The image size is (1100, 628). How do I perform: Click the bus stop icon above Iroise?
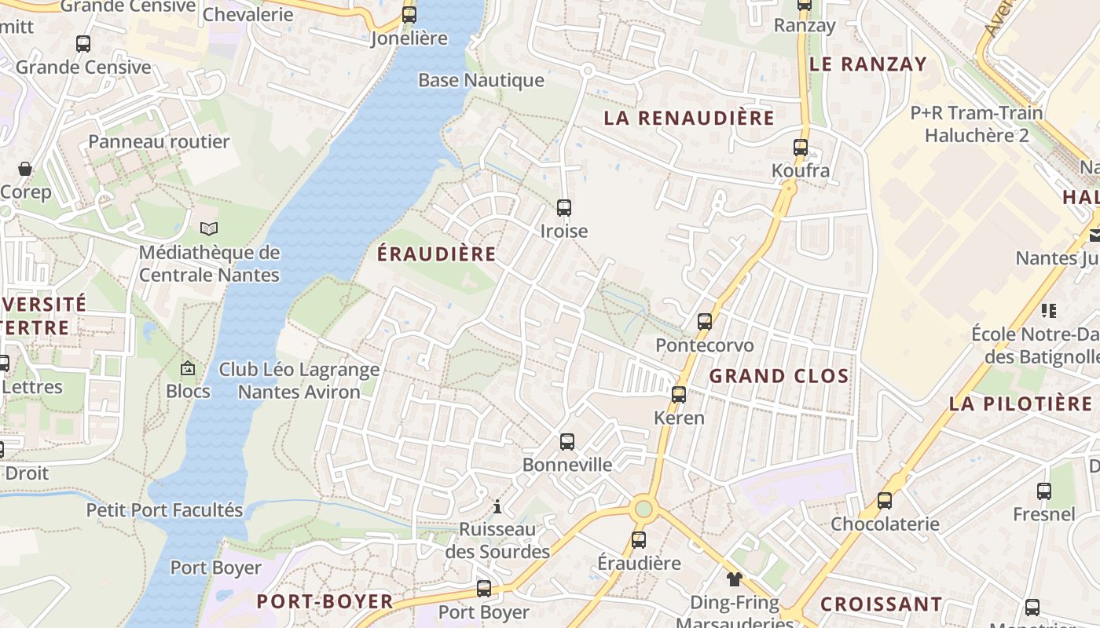(564, 208)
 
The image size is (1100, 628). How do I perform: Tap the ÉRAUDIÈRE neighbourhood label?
(437, 254)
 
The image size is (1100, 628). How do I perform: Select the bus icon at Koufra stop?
(801, 148)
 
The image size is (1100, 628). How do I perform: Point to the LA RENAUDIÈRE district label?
(689, 119)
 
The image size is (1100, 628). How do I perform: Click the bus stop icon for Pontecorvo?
(705, 322)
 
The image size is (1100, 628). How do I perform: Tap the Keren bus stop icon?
(679, 395)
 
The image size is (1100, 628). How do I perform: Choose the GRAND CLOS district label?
(779, 376)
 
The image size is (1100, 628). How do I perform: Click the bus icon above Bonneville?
(567, 442)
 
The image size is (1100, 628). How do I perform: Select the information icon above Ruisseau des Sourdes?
(497, 506)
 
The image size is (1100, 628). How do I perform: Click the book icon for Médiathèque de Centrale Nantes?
(208, 229)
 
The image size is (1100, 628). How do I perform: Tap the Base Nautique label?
(481, 80)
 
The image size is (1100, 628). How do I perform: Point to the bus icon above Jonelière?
(409, 15)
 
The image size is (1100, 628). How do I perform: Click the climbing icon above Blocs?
(188, 367)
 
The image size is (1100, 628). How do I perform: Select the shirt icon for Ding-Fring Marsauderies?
(734, 580)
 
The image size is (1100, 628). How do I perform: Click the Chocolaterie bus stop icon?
(885, 501)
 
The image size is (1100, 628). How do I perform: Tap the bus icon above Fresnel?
(1044, 491)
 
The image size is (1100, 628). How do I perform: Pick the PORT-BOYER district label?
(325, 602)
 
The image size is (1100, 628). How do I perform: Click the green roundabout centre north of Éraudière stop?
(643, 509)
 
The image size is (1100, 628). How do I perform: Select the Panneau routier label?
(159, 142)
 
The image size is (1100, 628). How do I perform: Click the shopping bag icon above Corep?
(25, 169)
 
